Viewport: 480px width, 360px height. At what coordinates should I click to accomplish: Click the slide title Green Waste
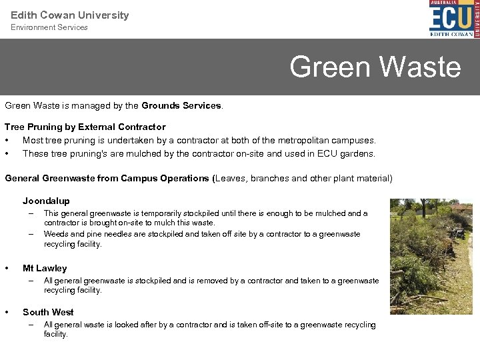click(x=375, y=67)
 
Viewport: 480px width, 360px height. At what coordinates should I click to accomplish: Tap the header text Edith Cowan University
click(x=70, y=15)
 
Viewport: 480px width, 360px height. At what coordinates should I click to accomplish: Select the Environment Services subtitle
click(x=49, y=27)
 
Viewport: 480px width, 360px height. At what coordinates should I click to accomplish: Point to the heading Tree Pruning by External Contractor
click(x=85, y=127)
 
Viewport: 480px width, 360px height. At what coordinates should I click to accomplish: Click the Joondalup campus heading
click(x=46, y=201)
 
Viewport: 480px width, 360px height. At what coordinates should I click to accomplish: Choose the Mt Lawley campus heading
click(x=45, y=268)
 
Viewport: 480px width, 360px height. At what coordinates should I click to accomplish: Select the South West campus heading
click(x=48, y=312)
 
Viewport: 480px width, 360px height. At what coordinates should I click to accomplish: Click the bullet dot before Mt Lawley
click(x=7, y=268)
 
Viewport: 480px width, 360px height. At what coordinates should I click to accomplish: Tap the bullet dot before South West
click(x=7, y=312)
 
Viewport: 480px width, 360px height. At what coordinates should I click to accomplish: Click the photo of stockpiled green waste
click(x=430, y=256)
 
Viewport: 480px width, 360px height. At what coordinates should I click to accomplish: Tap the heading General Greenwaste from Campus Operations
click(x=107, y=179)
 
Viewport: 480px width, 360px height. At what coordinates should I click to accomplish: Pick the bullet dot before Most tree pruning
click(x=7, y=141)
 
